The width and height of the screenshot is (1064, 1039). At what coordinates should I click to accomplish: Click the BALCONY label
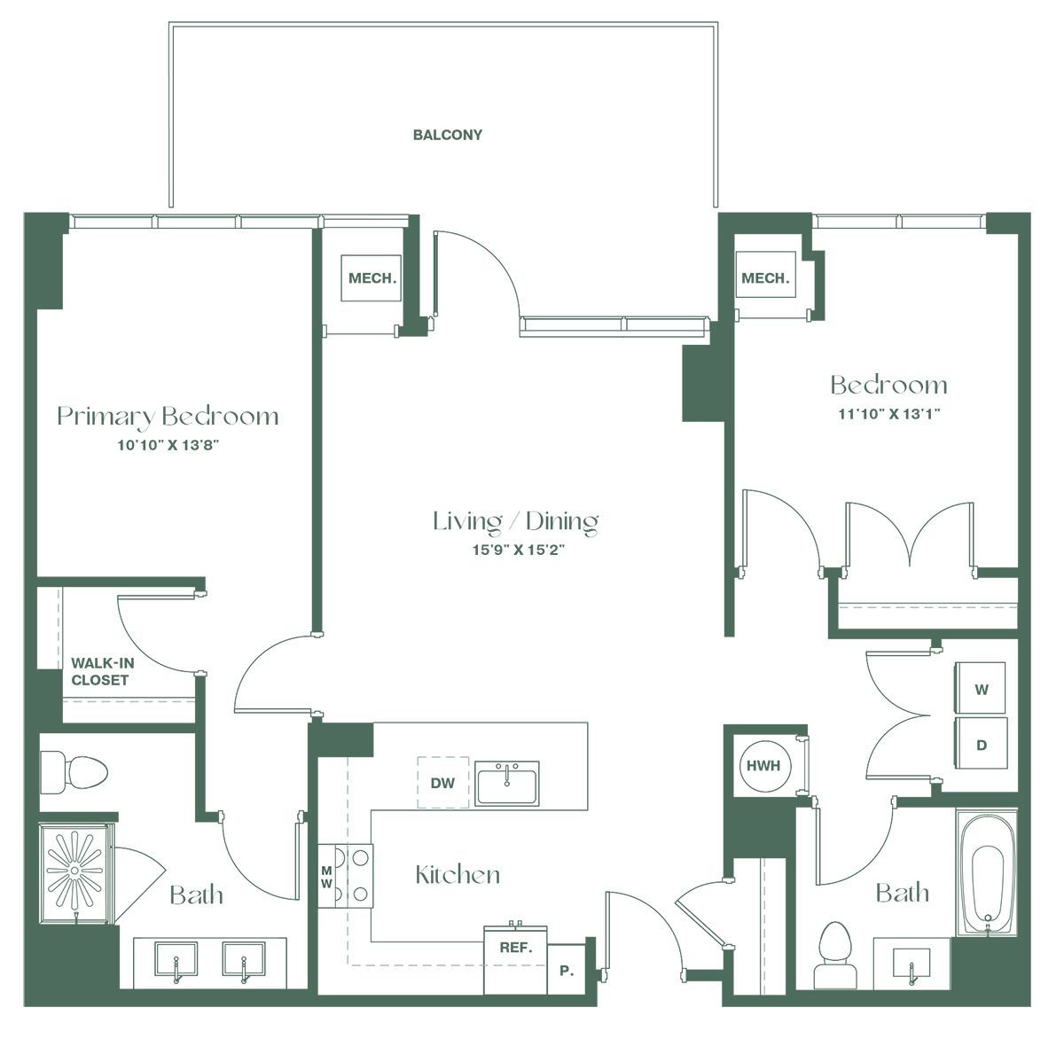click(x=447, y=135)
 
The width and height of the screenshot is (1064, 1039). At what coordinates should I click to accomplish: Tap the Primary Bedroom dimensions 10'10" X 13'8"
click(x=168, y=445)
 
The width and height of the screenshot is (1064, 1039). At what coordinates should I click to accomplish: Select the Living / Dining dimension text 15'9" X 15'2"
click(x=518, y=550)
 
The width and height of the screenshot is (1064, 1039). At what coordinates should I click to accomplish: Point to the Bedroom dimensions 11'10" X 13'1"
click(x=889, y=413)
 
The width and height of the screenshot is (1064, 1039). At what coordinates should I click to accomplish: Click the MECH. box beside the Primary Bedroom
click(x=372, y=278)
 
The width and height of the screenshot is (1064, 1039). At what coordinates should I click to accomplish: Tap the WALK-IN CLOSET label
click(x=102, y=671)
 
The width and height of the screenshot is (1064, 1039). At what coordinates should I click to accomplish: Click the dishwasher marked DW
click(x=442, y=783)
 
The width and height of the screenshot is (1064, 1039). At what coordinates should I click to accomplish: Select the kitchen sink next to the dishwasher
click(x=507, y=783)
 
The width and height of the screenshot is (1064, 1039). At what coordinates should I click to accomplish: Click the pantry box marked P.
click(x=567, y=970)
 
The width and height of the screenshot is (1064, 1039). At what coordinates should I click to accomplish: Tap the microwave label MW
click(x=326, y=877)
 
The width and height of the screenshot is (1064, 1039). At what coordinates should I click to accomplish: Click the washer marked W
click(x=981, y=688)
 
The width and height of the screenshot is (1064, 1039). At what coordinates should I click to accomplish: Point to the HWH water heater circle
click(x=763, y=766)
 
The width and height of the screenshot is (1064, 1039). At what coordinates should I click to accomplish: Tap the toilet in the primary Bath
click(x=74, y=772)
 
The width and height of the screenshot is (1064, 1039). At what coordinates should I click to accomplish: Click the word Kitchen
click(x=458, y=875)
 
